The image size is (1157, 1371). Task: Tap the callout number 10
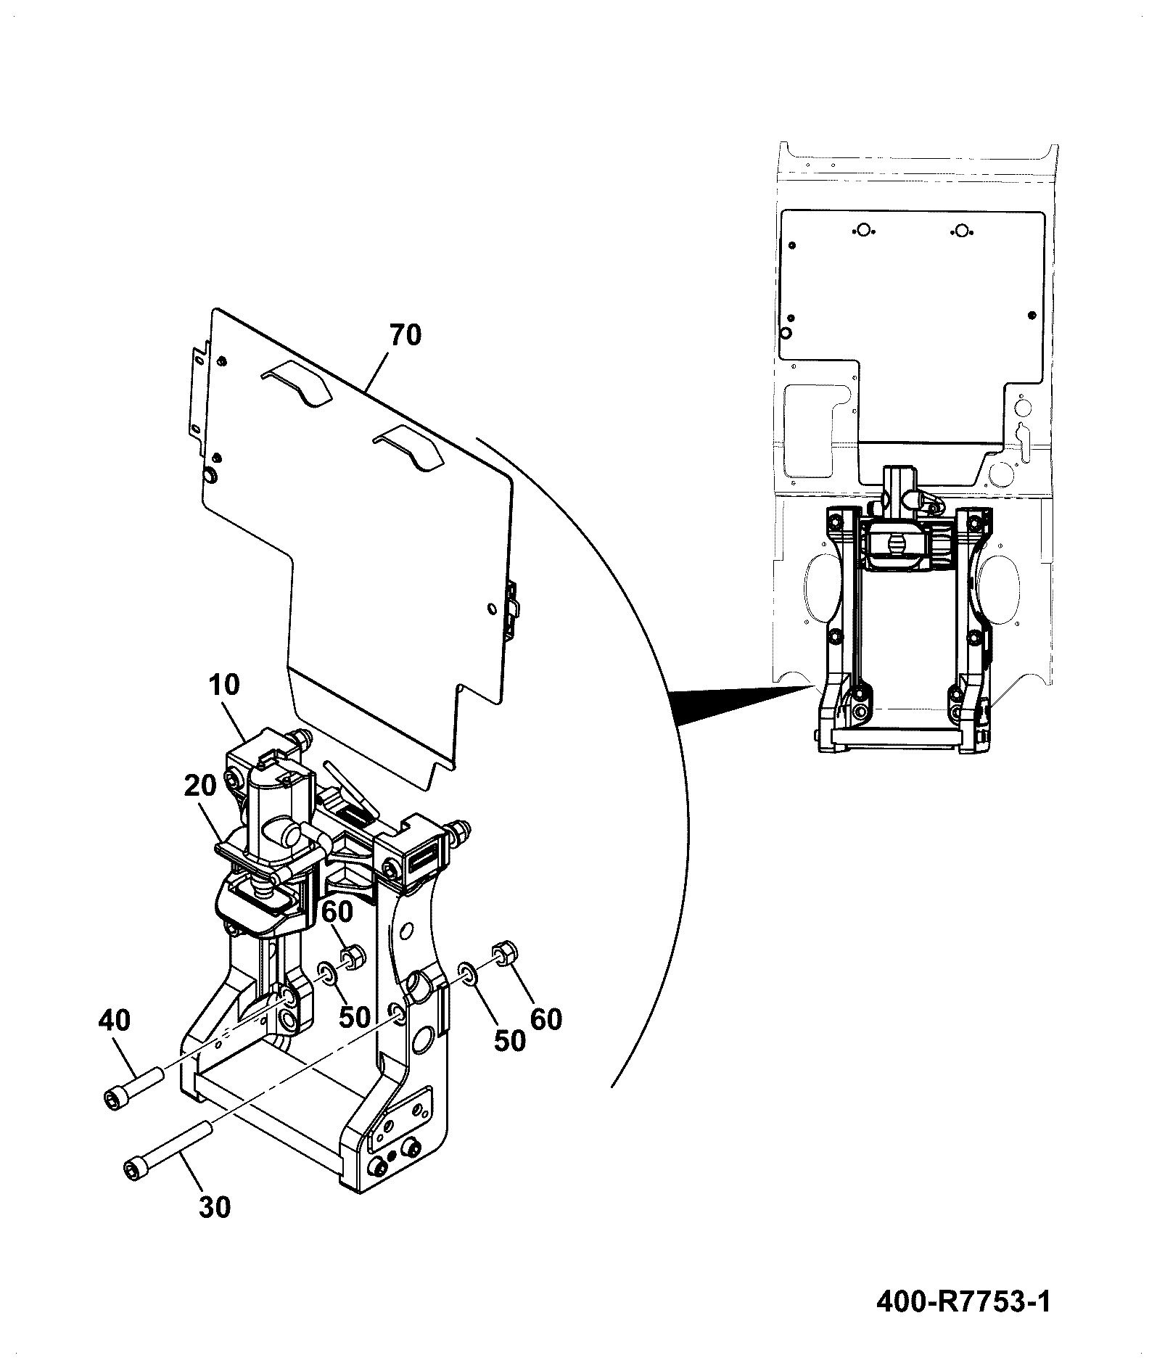point(223,684)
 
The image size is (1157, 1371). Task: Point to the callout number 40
point(115,1021)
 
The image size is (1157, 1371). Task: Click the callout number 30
point(214,1208)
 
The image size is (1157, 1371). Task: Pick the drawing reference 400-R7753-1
point(963,1301)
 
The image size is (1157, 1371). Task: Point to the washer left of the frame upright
point(326,973)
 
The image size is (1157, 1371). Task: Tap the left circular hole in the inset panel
point(862,231)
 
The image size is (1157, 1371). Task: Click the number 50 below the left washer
point(355,1017)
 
